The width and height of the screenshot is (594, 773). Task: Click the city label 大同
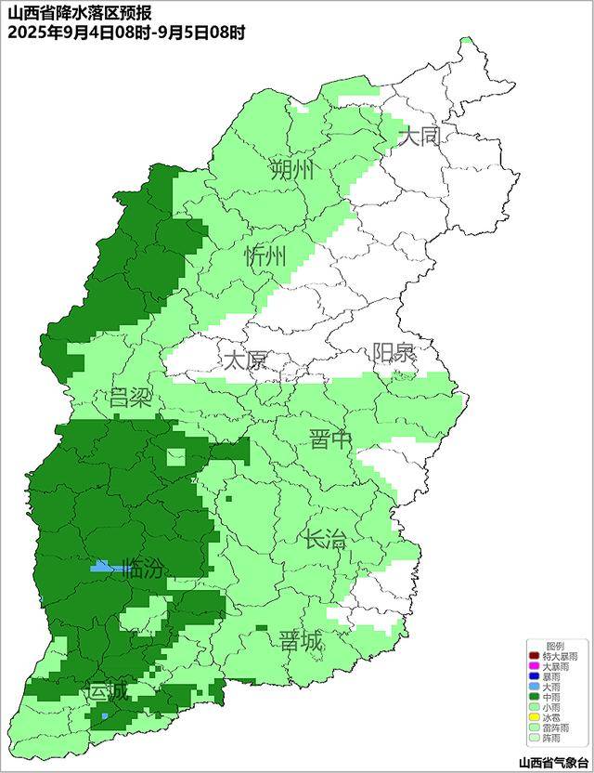[420, 138]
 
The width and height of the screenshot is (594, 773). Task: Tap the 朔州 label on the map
[291, 170]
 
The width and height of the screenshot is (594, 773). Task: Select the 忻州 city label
[265, 257]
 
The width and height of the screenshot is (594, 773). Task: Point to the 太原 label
[245, 360]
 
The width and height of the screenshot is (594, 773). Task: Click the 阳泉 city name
[394, 354]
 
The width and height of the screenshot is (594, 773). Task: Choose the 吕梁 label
[130, 399]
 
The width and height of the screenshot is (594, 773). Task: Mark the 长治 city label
[325, 538]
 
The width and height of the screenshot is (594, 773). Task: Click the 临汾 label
[143, 569]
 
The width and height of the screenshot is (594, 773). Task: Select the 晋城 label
[301, 640]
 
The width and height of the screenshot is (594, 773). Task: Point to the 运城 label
[107, 692]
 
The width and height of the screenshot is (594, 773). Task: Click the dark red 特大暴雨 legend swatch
[535, 656]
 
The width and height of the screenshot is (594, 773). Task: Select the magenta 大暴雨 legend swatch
[535, 666]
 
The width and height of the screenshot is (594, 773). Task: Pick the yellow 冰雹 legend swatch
[535, 717]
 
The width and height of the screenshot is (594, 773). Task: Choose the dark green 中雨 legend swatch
[535, 697]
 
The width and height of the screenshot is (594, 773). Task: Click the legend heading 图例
[554, 646]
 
